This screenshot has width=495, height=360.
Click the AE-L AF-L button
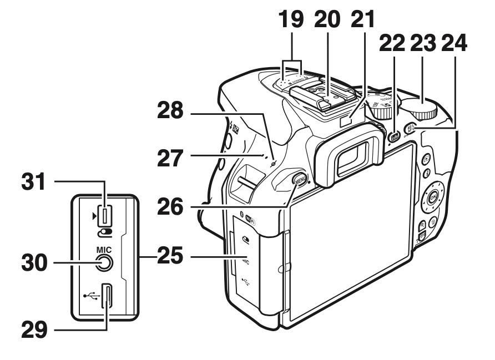(411, 127)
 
